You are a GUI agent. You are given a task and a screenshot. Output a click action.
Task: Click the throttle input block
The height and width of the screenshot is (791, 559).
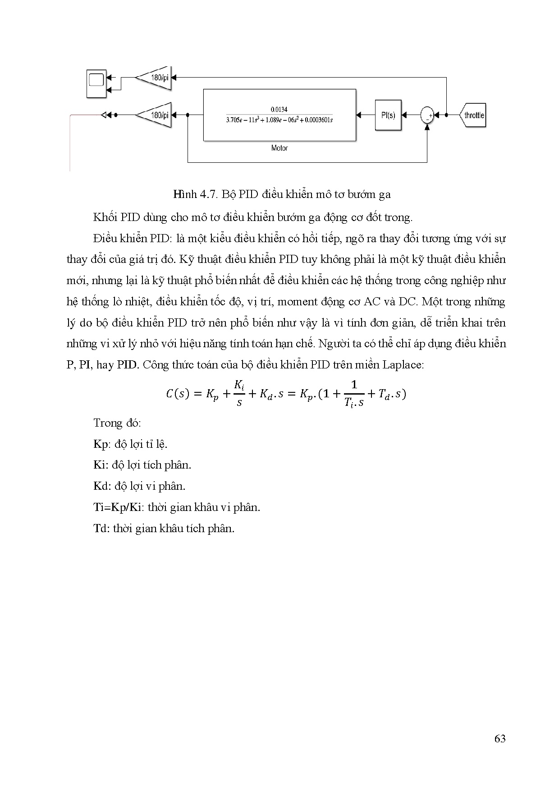pyautogui.click(x=473, y=115)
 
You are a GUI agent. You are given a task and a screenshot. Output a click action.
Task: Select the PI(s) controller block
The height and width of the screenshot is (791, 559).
pyautogui.click(x=388, y=115)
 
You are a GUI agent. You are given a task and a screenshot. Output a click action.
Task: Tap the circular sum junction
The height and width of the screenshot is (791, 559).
pyautogui.click(x=427, y=115)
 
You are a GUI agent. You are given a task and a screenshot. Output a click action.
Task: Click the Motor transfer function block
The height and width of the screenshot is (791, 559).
pyautogui.click(x=279, y=115)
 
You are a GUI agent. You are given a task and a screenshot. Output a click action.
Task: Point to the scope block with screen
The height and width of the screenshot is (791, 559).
pyautogui.click(x=96, y=83)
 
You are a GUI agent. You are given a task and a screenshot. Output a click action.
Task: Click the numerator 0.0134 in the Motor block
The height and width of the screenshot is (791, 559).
pyautogui.click(x=279, y=109)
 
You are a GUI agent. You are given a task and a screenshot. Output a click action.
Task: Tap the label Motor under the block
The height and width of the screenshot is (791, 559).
pyautogui.click(x=279, y=148)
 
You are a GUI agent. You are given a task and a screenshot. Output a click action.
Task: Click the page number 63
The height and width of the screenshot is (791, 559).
pyautogui.click(x=499, y=739)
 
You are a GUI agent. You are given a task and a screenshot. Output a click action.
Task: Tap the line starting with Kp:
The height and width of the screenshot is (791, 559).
pyautogui.click(x=130, y=444)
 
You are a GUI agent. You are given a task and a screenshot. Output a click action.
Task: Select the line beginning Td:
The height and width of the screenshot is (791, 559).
pyautogui.click(x=164, y=528)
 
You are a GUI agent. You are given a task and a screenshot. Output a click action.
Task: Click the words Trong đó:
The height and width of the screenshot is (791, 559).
pyautogui.click(x=117, y=423)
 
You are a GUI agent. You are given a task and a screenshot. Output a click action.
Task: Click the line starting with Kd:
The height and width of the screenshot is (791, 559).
pyautogui.click(x=139, y=486)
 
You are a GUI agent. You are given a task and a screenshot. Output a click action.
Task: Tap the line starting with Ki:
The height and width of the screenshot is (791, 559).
pyautogui.click(x=142, y=465)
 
